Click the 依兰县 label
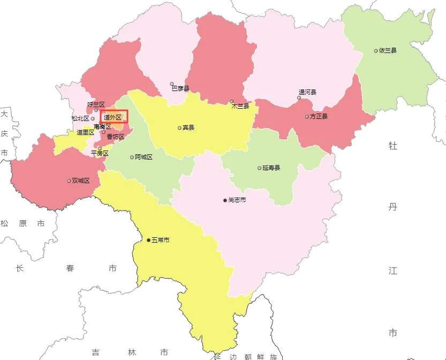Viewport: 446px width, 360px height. click(x=388, y=51)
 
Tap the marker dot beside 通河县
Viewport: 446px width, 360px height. click(x=299, y=97)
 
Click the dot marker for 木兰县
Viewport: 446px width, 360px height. click(x=232, y=101)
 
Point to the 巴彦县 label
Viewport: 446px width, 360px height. click(x=180, y=88)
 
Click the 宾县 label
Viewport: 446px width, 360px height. click(x=188, y=127)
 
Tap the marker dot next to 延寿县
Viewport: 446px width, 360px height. click(x=259, y=168)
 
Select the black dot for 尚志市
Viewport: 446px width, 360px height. click(x=225, y=200)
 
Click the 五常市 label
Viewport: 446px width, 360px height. click(x=161, y=240)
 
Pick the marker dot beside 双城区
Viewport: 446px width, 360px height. click(x=69, y=181)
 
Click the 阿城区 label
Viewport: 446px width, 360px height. click(x=144, y=157)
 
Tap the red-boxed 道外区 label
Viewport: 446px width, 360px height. click(x=112, y=117)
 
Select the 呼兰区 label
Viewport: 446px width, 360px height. click(x=96, y=104)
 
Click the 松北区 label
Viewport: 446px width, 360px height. click(x=80, y=118)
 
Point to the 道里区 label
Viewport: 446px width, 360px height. click(x=86, y=132)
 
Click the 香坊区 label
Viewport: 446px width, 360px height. click(x=116, y=137)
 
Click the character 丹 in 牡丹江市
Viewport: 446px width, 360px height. click(x=393, y=207)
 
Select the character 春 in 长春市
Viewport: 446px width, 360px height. click(x=71, y=268)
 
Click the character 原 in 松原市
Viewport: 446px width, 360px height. click(x=22, y=223)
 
